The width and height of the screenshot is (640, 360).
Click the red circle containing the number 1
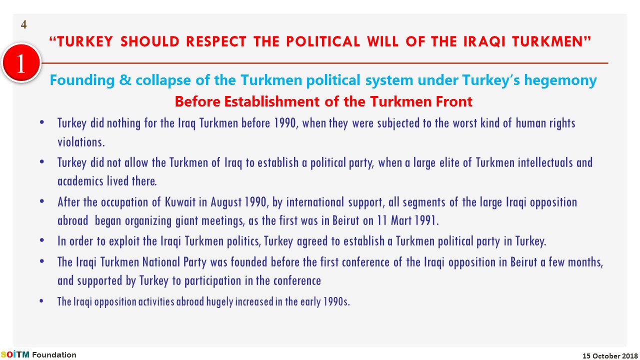point(21,63)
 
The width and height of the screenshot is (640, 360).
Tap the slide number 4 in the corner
point(23,24)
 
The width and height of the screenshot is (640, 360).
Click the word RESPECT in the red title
point(216,41)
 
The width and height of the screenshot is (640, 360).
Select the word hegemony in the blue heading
point(560,80)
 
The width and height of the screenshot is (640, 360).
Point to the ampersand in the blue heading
point(125,79)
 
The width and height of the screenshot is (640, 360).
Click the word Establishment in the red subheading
point(271,101)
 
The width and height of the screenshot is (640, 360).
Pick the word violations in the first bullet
point(81,142)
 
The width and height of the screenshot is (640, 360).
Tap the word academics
point(80,181)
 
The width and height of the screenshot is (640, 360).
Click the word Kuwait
point(180,202)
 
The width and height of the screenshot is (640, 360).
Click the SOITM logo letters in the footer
point(14,354)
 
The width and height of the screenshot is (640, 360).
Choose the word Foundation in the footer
point(54,355)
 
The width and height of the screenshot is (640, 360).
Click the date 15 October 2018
point(610,356)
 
